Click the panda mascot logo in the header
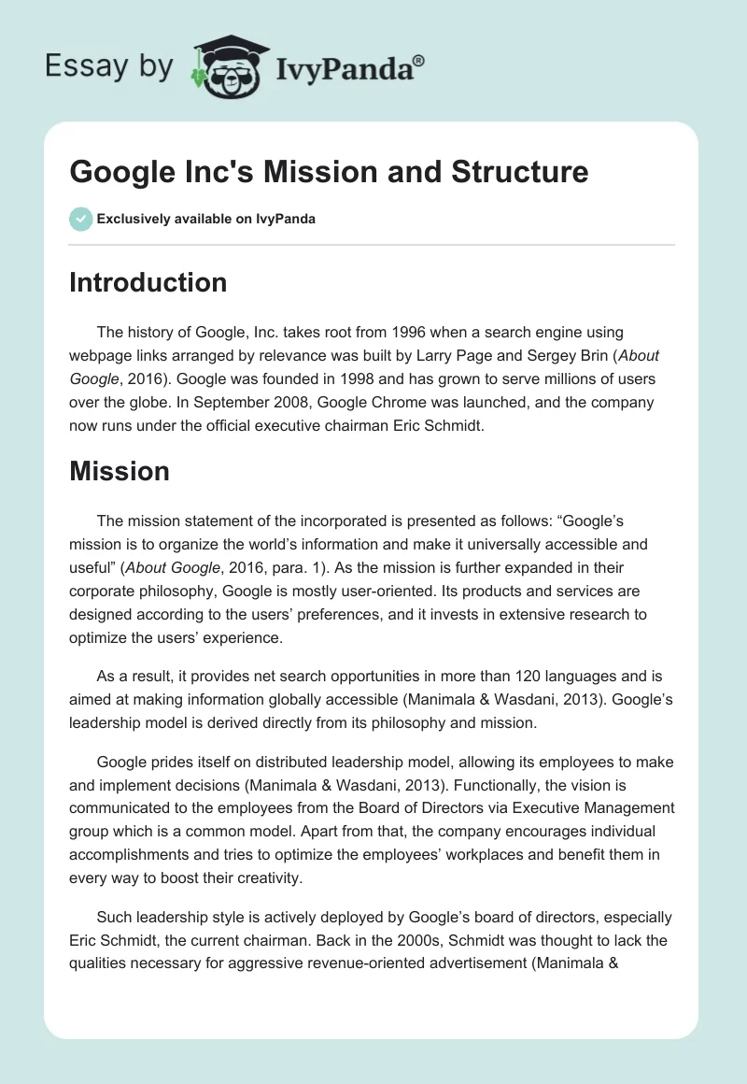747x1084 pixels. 224,66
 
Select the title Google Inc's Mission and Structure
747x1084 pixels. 329,172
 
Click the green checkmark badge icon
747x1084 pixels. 80,219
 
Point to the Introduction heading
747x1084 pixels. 148,282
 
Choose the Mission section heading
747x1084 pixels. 120,471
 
